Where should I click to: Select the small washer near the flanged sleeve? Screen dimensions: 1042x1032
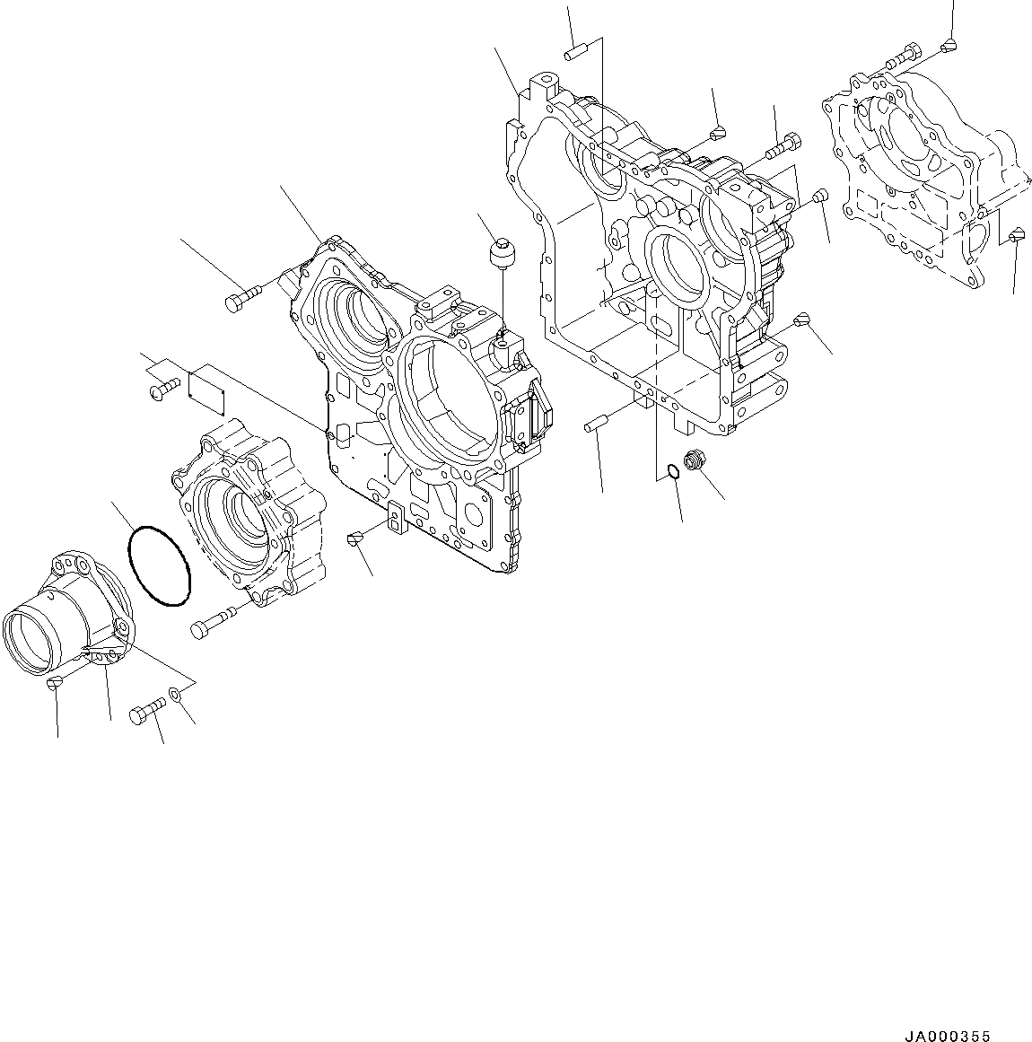pyautogui.click(x=174, y=695)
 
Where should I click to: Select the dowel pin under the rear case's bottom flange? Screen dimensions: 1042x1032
pyautogui.click(x=598, y=422)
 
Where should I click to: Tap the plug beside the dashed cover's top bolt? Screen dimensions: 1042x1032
pyautogui.click(x=950, y=45)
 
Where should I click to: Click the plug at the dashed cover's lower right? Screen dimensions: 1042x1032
pyautogui.click(x=1014, y=236)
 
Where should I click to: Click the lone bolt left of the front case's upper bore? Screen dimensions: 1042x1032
pyautogui.click(x=241, y=299)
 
